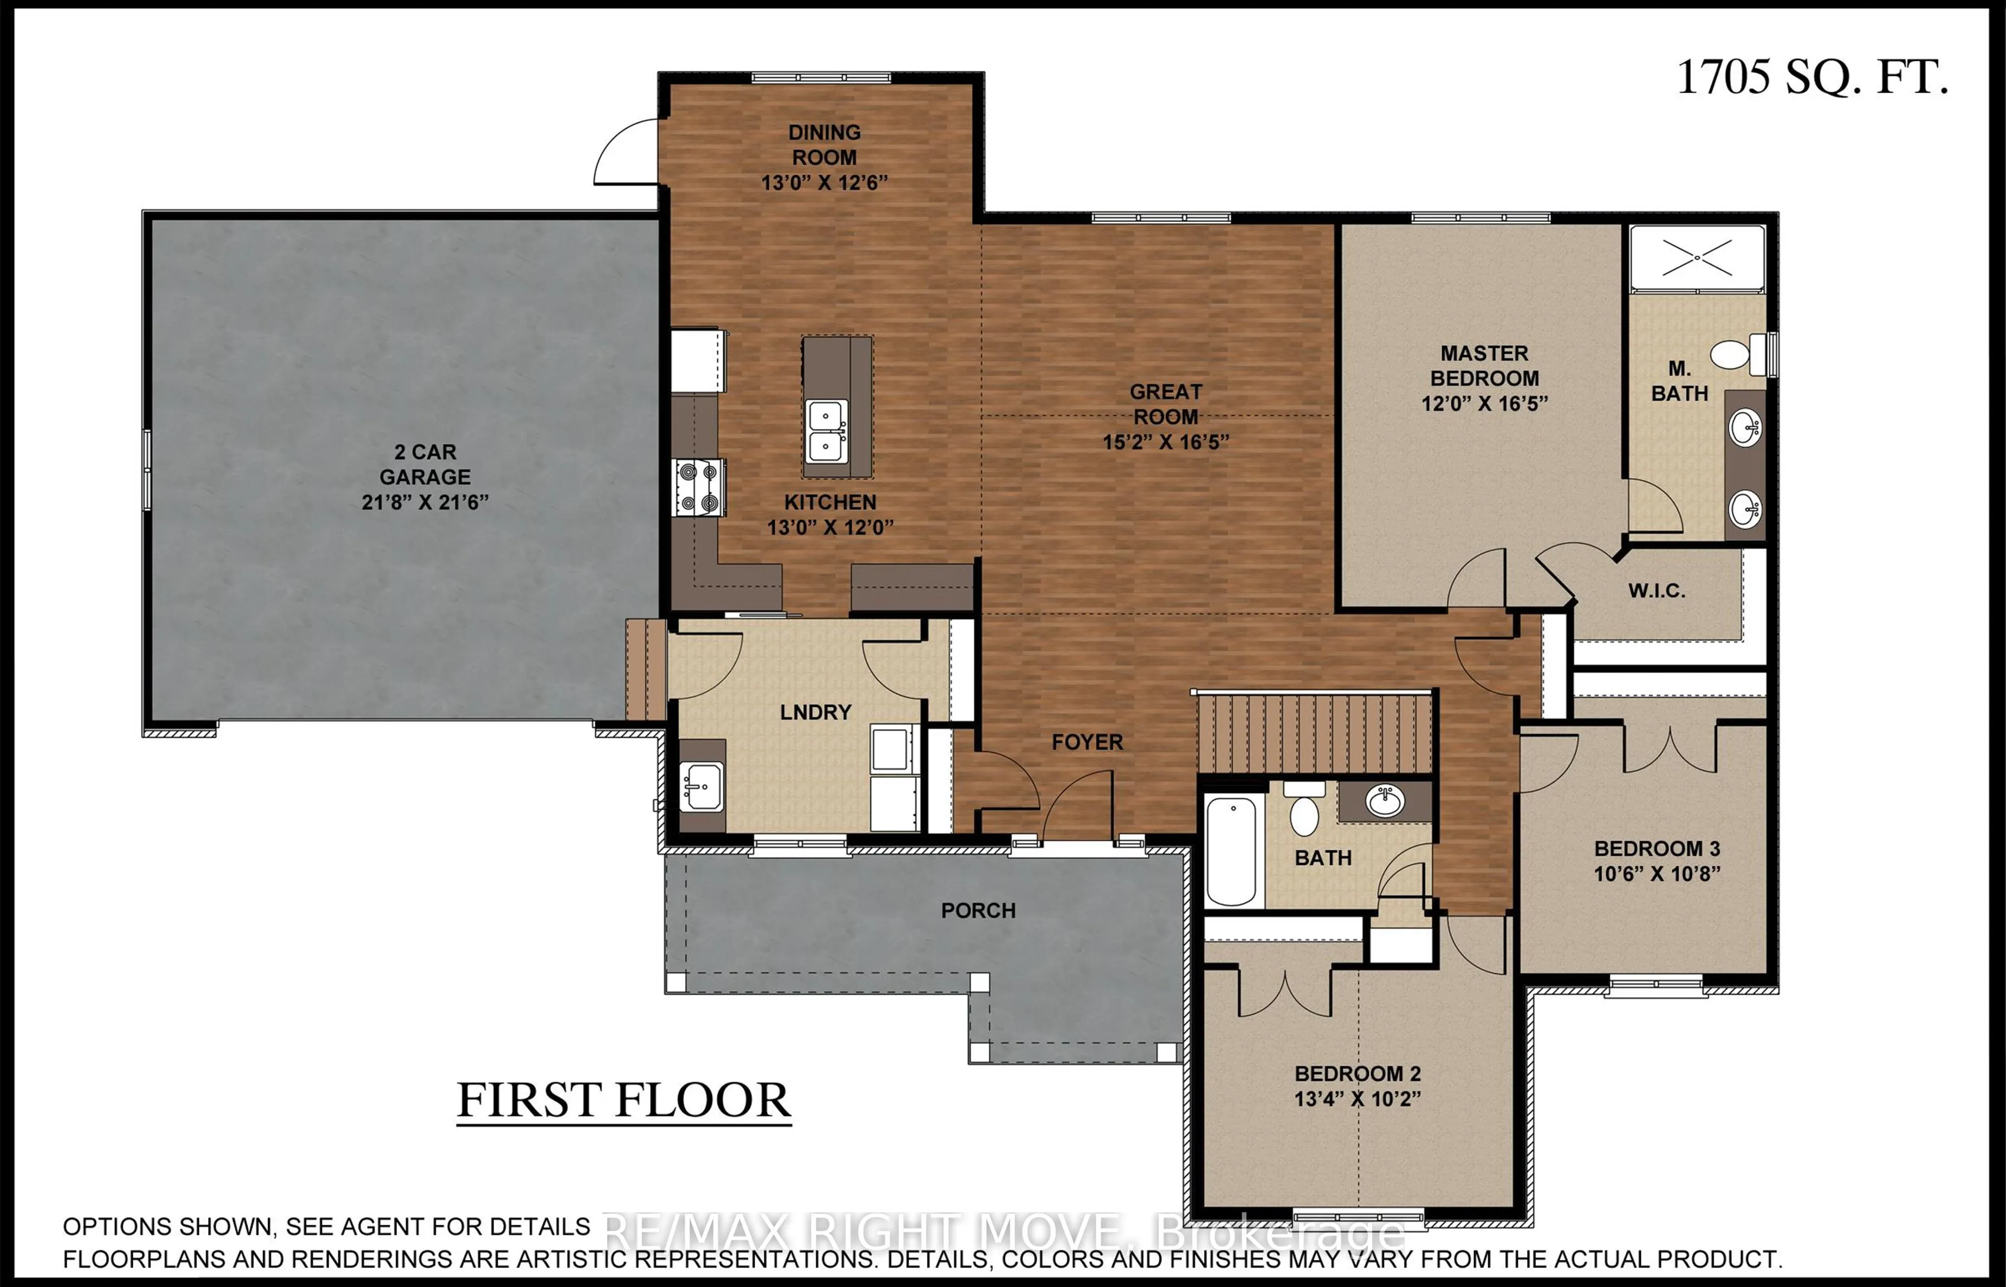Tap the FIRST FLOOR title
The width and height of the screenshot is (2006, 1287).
click(624, 1101)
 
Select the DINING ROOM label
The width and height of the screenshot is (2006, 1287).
click(824, 145)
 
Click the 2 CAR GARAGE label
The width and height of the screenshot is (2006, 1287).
click(425, 465)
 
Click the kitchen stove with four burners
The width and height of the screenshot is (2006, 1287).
click(699, 487)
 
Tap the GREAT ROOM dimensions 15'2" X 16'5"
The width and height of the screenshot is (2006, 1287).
click(1165, 442)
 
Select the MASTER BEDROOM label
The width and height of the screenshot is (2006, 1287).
click(1484, 365)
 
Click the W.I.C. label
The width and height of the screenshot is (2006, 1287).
click(1656, 591)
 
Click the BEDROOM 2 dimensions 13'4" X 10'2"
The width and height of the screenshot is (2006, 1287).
click(1358, 1099)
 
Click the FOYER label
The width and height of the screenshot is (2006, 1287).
click(1087, 742)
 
